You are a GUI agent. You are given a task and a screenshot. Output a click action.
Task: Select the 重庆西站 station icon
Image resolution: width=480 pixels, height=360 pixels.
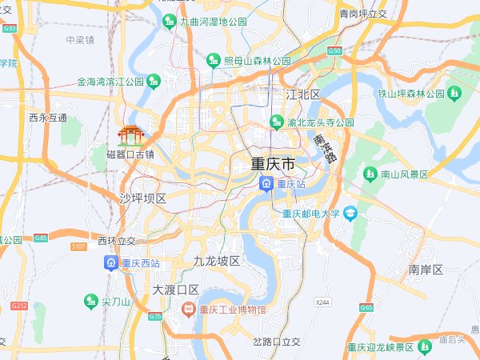(x=111, y=262)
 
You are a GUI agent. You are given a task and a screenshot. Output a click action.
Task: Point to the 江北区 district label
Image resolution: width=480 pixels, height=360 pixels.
(x=303, y=95)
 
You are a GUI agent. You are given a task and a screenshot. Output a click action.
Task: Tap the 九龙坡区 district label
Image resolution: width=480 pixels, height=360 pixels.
(x=217, y=262)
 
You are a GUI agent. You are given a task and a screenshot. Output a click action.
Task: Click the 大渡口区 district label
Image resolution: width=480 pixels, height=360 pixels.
(x=176, y=290)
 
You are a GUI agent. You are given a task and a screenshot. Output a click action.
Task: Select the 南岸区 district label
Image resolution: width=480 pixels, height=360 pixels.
(x=425, y=270)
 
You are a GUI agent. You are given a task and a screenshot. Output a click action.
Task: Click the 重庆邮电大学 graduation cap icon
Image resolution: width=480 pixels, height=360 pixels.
(x=350, y=214)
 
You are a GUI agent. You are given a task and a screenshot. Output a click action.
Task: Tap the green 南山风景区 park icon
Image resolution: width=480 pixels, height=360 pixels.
(x=370, y=174)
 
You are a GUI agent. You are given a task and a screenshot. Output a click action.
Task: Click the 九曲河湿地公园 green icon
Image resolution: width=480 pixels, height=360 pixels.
(x=170, y=22)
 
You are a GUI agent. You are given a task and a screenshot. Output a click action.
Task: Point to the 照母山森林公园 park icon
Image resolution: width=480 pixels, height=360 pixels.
(x=213, y=60)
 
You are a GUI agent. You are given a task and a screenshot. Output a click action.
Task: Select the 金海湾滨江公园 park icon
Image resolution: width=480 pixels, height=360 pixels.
(x=154, y=81)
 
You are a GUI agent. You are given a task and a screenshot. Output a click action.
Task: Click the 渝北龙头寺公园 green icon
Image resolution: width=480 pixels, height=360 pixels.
(x=277, y=122)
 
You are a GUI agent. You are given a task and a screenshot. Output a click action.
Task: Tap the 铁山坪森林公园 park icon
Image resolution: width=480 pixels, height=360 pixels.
(x=455, y=94)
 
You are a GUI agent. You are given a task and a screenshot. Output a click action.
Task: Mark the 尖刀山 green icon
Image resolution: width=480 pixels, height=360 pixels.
(x=90, y=302)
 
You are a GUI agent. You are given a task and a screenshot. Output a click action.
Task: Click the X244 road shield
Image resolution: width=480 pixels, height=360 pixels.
(x=322, y=302)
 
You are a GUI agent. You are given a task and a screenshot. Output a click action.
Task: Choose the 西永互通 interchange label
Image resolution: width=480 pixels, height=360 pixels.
(x=48, y=118)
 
